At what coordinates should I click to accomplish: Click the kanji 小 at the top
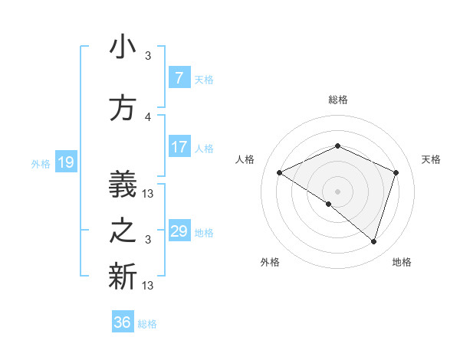[x=123, y=48]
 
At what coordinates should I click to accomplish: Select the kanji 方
[x=123, y=108]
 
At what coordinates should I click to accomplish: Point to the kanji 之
[x=123, y=231]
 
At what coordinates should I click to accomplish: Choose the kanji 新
[x=123, y=277]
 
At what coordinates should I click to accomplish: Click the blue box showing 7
[x=179, y=78]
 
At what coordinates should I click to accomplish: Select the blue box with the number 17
[x=179, y=147]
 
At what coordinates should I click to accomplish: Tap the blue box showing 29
[x=179, y=231]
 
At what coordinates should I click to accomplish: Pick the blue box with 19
[x=65, y=162]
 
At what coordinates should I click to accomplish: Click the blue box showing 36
[x=123, y=322]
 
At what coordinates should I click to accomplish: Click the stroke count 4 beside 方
[x=148, y=117]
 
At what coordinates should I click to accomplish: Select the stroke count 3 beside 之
[x=148, y=240]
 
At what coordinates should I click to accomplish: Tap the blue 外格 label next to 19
[x=41, y=163]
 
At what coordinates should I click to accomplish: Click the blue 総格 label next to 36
[x=148, y=324]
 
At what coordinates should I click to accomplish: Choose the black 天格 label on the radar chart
[x=432, y=159]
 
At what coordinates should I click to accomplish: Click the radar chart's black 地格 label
[x=402, y=262]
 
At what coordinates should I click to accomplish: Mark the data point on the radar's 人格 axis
[x=280, y=173]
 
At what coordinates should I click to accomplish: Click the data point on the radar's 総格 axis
[x=337, y=146]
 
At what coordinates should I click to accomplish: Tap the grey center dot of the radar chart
[x=337, y=191]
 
